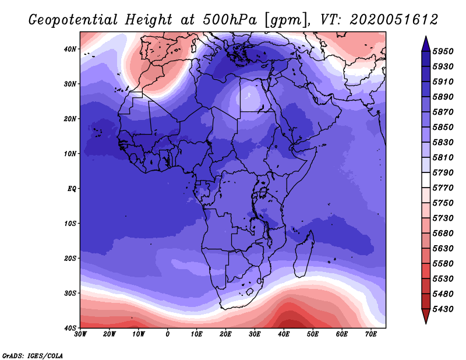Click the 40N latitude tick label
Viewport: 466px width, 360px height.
pyautogui.click(x=70, y=49)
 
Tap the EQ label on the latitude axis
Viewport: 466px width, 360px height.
pyautogui.click(x=72, y=189)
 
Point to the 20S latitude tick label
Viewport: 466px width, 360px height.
pyautogui.click(x=70, y=258)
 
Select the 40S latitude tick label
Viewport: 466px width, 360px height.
pyautogui.click(x=70, y=328)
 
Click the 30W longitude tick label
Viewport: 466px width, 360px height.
pyautogui.click(x=80, y=334)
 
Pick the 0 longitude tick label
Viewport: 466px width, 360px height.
pyautogui.click(x=168, y=334)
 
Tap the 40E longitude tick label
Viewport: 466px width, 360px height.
pyautogui.click(x=284, y=334)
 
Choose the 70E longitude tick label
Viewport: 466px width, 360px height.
pyautogui.click(x=370, y=334)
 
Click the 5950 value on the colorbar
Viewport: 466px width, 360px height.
pyautogui.click(x=443, y=51)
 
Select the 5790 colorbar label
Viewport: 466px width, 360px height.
pyautogui.click(x=443, y=172)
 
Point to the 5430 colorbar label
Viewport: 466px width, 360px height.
pyautogui.click(x=443, y=309)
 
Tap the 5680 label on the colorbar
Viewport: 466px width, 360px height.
pyautogui.click(x=443, y=234)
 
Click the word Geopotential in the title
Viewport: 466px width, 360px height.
pyautogui.click(x=73, y=20)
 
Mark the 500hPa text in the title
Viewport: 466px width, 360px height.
pyautogui.click(x=230, y=20)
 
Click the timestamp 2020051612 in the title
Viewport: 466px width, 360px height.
pyautogui.click(x=394, y=20)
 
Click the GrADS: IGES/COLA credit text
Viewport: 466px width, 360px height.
pyautogui.click(x=33, y=356)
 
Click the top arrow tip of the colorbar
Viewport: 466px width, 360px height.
pyautogui.click(x=426, y=36)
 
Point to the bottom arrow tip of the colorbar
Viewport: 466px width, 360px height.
pyautogui.click(x=426, y=324)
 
